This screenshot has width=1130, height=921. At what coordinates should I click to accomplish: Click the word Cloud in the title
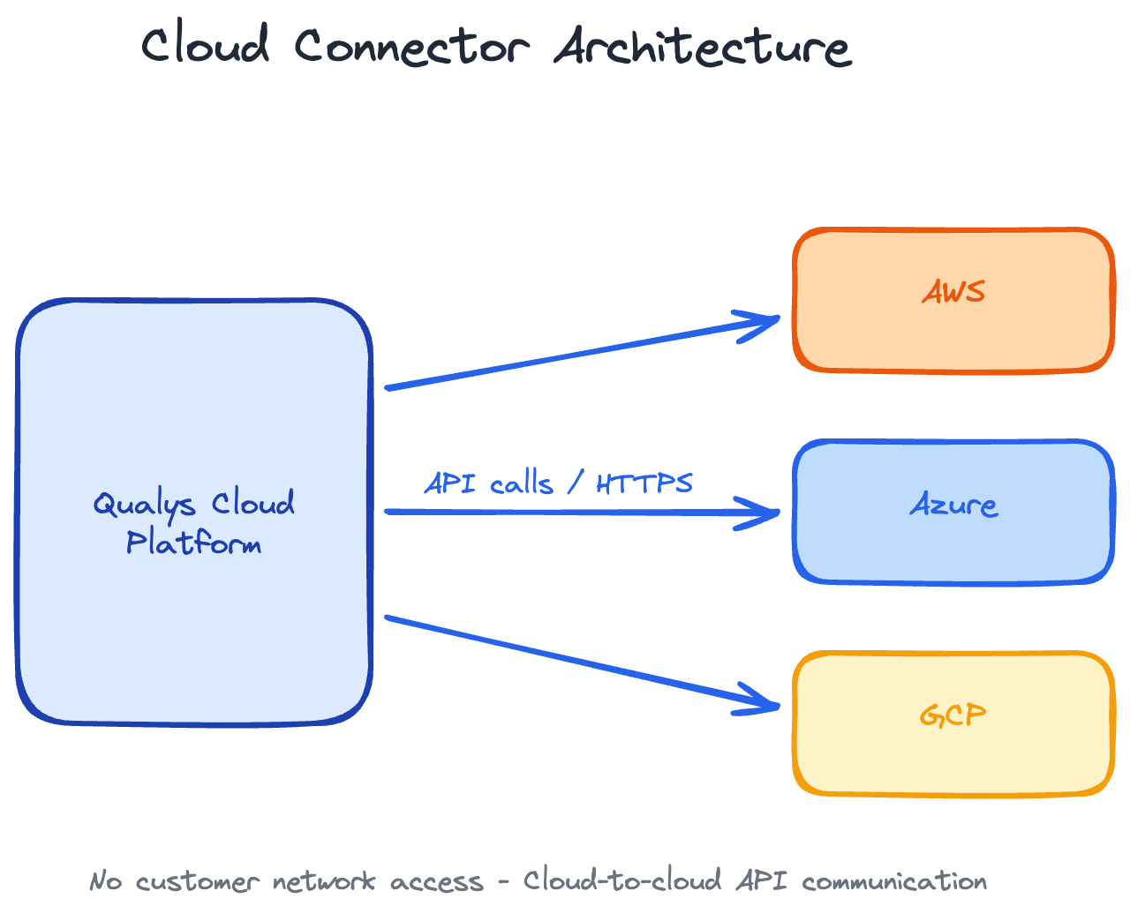pyautogui.click(x=205, y=45)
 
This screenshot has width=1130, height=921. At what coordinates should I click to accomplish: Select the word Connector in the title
pyautogui.click(x=411, y=46)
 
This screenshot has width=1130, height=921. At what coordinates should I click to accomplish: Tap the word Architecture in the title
pyautogui.click(x=702, y=46)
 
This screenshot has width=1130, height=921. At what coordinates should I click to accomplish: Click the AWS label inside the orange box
pyautogui.click(x=953, y=292)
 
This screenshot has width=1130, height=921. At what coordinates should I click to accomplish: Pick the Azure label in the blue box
pyautogui.click(x=953, y=505)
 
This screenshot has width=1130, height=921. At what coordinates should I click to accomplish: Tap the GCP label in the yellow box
pyautogui.click(x=953, y=715)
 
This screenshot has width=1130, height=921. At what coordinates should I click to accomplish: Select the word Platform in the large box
pyautogui.click(x=193, y=543)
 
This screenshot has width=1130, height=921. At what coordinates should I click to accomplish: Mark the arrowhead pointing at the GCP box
pyautogui.click(x=765, y=702)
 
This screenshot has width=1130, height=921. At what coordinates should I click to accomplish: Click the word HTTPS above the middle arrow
pyautogui.click(x=644, y=483)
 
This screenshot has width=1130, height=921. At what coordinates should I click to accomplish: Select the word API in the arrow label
pyautogui.click(x=450, y=483)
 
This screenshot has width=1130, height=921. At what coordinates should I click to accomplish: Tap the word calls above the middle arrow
pyautogui.click(x=522, y=483)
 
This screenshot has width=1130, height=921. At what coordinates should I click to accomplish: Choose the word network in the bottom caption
pyautogui.click(x=323, y=881)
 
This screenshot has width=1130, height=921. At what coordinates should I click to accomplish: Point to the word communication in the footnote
pyautogui.click(x=894, y=881)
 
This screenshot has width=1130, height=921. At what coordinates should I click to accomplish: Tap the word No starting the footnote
pyautogui.click(x=105, y=881)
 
